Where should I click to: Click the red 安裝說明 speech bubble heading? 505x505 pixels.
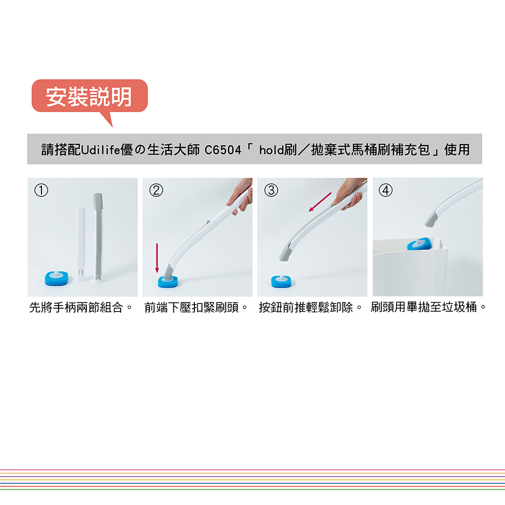click(89, 96)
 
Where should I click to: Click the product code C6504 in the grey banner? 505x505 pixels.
click(223, 150)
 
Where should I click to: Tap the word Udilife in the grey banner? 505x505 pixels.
click(100, 150)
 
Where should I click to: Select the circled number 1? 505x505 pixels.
click(41, 190)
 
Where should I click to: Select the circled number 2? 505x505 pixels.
click(156, 190)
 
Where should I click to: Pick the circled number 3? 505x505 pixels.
click(271, 190)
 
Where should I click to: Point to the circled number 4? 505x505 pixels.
click(385, 190)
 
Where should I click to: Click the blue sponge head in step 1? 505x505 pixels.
click(57, 278)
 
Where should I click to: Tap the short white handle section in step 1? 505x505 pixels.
click(80, 245)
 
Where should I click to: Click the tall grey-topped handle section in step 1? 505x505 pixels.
click(98, 237)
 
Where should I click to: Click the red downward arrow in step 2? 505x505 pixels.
click(157, 258)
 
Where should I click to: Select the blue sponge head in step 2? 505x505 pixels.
click(168, 282)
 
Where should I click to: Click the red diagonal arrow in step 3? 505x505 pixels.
click(320, 202)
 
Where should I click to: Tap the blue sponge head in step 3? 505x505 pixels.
click(282, 281)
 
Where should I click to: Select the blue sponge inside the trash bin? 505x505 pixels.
click(419, 244)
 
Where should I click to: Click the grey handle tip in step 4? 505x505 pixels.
click(430, 219)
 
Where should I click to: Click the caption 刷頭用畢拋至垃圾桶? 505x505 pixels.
click(424, 307)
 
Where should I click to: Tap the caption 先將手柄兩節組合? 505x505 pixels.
click(76, 307)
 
